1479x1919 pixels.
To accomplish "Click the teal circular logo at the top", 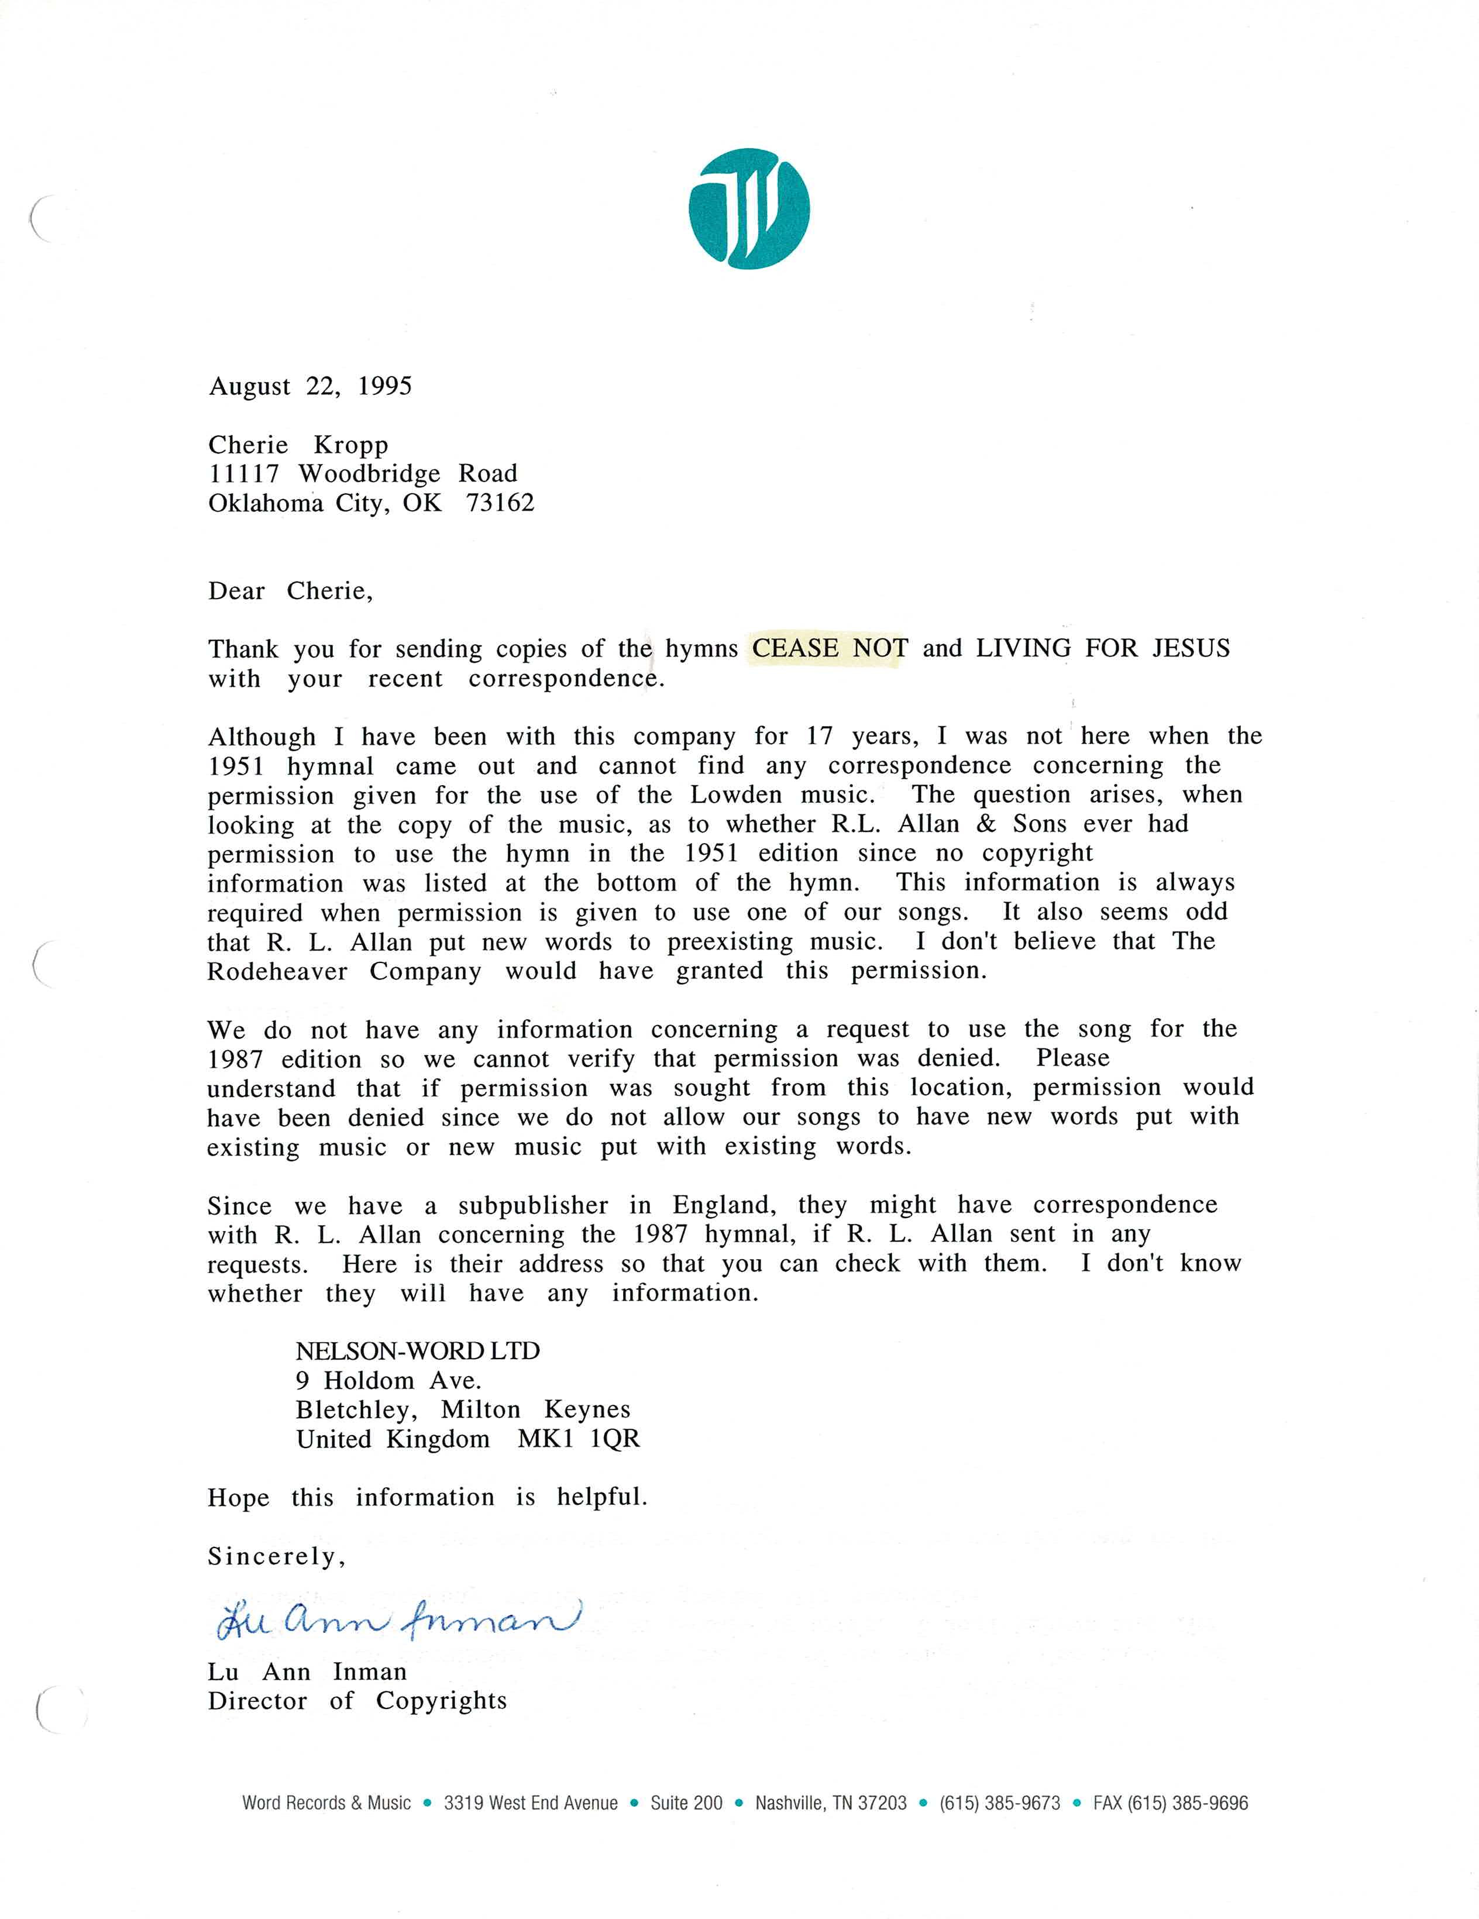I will (749, 208).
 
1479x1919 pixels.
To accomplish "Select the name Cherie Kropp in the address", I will (298, 445).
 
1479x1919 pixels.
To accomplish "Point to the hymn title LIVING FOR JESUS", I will (1103, 648).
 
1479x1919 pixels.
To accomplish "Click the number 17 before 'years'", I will (819, 737).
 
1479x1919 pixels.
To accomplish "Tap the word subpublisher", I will (532, 1206).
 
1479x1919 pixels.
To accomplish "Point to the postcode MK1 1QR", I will (579, 1439).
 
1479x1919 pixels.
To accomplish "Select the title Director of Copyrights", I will (357, 1701).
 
